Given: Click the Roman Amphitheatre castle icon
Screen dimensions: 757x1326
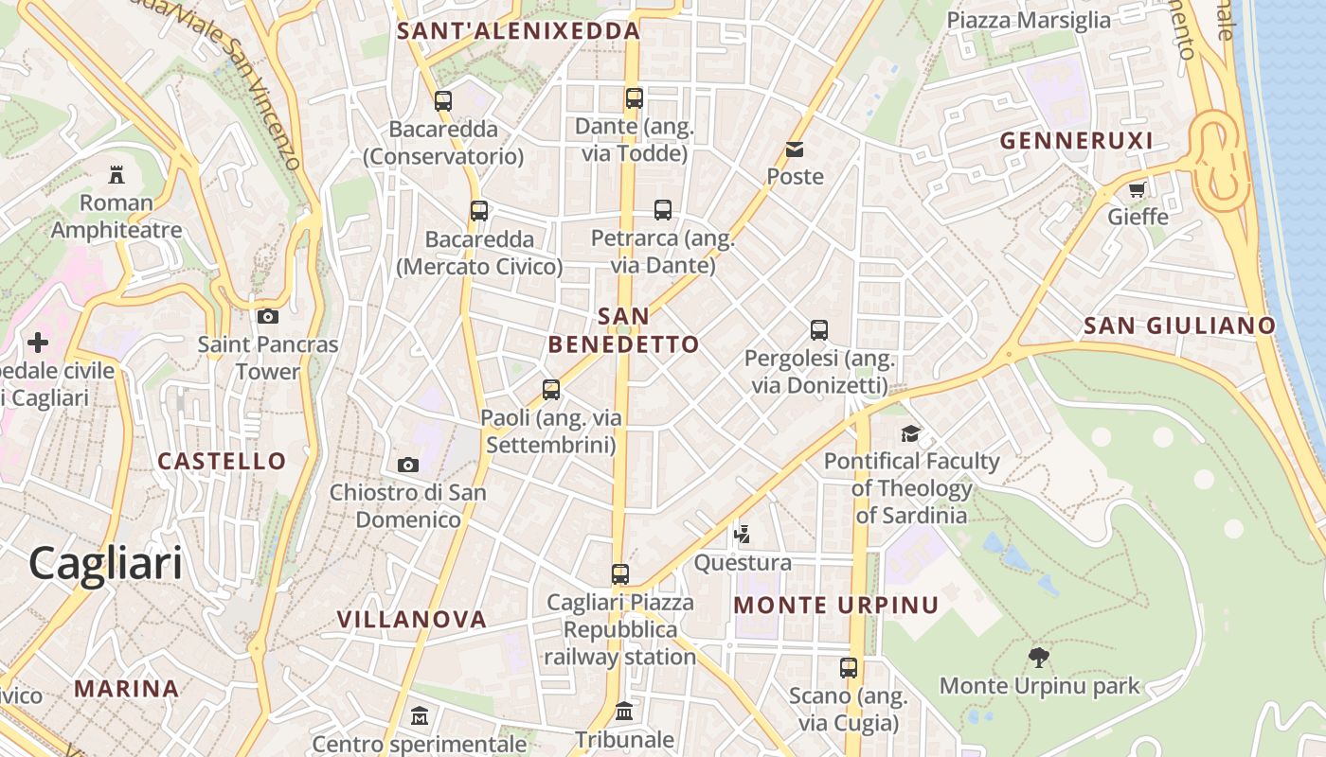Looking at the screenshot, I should [x=116, y=175].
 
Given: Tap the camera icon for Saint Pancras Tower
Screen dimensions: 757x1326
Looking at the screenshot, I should [x=268, y=316].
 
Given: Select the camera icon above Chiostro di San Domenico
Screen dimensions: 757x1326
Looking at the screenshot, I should [x=408, y=465].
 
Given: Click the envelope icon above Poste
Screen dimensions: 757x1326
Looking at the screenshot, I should [x=795, y=150].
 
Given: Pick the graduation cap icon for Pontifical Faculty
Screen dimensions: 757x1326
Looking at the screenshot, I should [x=910, y=433].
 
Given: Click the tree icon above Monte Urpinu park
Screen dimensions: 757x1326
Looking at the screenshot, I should [x=1039, y=657].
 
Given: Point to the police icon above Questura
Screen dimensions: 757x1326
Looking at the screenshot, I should [x=743, y=535].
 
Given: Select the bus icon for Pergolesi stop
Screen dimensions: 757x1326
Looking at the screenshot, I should [x=819, y=330].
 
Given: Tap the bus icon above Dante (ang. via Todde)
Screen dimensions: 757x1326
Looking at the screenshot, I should [x=635, y=98].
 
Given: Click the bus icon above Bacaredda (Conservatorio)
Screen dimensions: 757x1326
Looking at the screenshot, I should [x=443, y=101].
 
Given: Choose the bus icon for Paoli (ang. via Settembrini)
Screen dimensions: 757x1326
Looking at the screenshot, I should [x=551, y=389].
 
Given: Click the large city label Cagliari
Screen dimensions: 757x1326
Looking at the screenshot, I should [x=105, y=564].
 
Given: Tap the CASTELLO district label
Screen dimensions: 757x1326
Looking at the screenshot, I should [x=222, y=462].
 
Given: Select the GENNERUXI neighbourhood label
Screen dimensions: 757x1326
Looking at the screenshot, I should [x=1077, y=141].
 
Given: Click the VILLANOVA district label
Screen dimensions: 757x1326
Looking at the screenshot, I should [x=412, y=620].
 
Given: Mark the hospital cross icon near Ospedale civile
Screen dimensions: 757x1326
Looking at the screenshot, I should [x=38, y=342].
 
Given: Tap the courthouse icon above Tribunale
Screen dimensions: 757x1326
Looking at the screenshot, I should [x=624, y=711].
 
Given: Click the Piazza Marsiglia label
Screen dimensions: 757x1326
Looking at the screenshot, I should [x=1029, y=21].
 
